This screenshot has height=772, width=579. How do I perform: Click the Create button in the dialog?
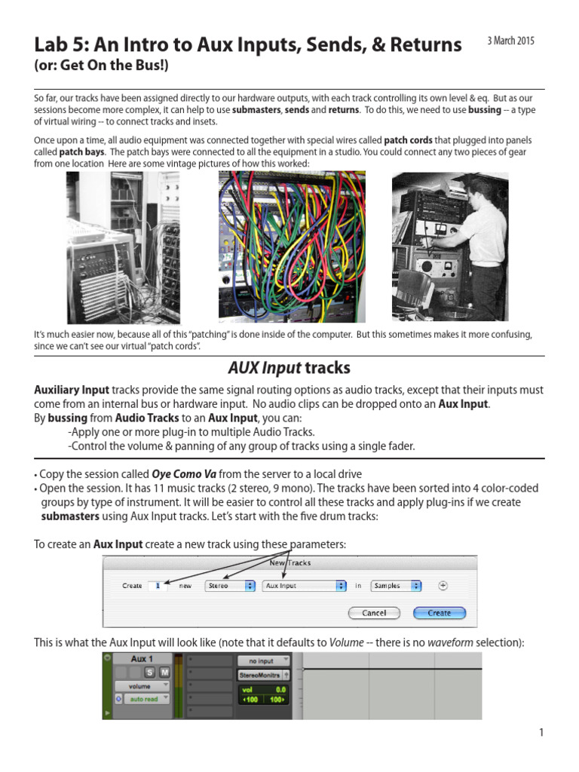click(x=439, y=613)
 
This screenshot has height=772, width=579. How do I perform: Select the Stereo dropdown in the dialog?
click(x=229, y=586)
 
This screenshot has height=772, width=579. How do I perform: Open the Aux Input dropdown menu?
click(x=304, y=586)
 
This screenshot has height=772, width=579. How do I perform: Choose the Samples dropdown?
click(x=396, y=586)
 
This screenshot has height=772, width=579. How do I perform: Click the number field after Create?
click(x=157, y=586)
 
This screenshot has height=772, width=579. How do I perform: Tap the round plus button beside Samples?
click(x=443, y=586)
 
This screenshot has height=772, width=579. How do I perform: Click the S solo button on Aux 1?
click(x=150, y=672)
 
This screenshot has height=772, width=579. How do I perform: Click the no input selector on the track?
click(x=262, y=661)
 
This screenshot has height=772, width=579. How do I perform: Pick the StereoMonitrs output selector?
click(x=262, y=675)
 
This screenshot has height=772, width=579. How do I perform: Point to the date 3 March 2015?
click(x=511, y=41)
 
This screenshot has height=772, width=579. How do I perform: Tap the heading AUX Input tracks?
click(x=289, y=368)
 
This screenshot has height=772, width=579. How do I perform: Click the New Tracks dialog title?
click(x=290, y=562)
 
